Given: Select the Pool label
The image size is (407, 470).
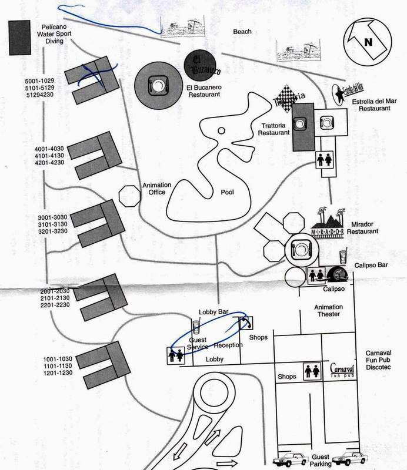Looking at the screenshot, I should [x=227, y=192].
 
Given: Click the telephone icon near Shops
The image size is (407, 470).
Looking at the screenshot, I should [x=246, y=323].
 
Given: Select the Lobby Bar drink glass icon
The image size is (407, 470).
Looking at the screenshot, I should [x=196, y=327].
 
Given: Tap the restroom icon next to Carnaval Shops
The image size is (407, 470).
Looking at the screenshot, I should [x=311, y=371].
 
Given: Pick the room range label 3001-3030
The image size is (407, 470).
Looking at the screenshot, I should [x=54, y=217].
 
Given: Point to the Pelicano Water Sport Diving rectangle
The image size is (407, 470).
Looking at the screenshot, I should [x=21, y=39].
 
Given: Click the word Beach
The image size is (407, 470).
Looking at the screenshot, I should [x=242, y=32].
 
